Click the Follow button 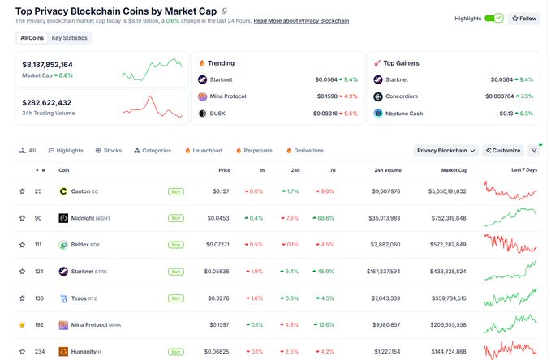coord(524,19)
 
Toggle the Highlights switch coord(493,19)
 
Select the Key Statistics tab coord(69,38)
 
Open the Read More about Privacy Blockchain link coord(301,21)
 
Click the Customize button coord(503,150)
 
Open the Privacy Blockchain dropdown coord(446,150)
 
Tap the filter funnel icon coord(534,150)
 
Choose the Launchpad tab coord(204,150)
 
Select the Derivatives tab coord(305,150)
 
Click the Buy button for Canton coord(176,191)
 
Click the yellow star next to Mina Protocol coord(22,325)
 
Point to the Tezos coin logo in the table coord(63,298)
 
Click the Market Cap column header coord(454,170)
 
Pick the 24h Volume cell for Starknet coord(383,272)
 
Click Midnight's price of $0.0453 coord(217,218)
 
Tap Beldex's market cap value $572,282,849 coord(448,244)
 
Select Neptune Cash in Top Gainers coord(404,114)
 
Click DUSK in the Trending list coord(217,114)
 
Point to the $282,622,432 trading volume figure coord(47,102)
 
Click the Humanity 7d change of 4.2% coord(325,352)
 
